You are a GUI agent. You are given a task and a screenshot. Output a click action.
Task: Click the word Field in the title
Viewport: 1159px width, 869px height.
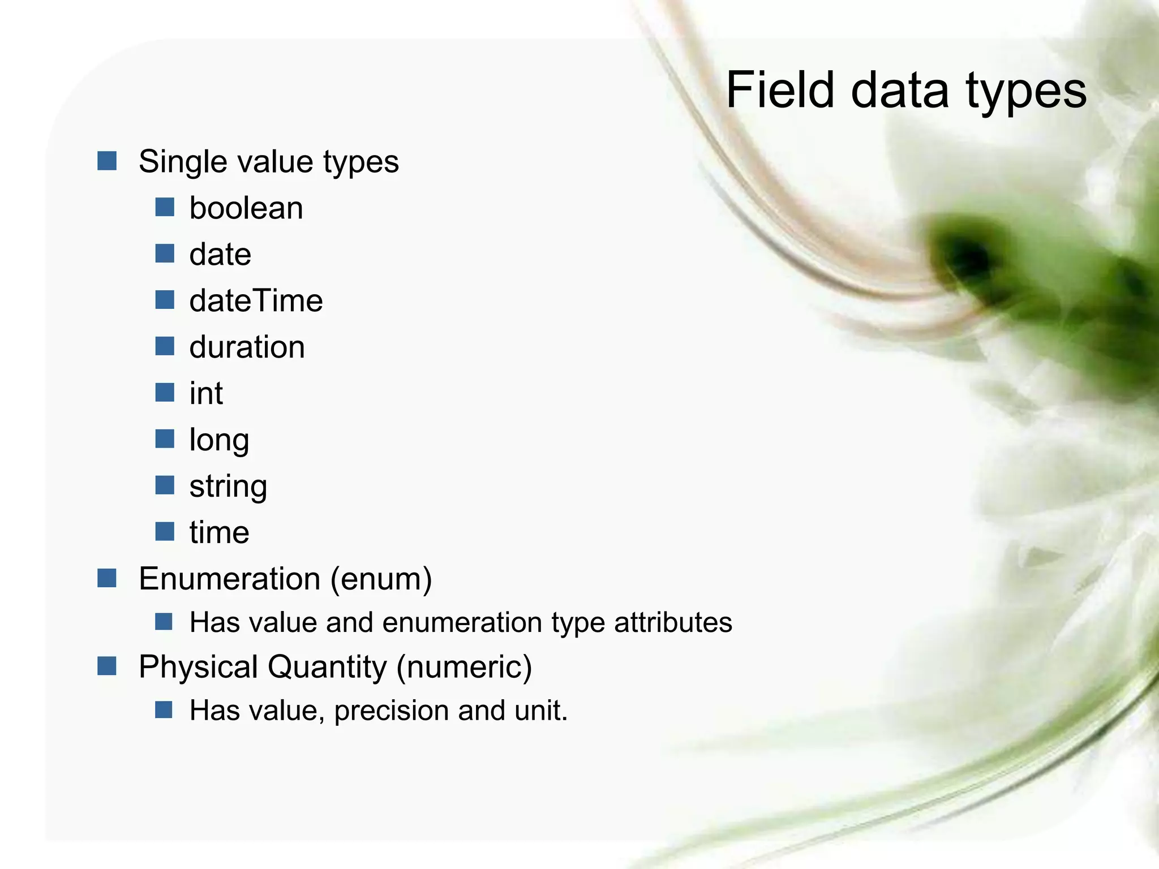pos(780,90)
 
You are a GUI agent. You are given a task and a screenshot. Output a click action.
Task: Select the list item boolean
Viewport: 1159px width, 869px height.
pos(246,208)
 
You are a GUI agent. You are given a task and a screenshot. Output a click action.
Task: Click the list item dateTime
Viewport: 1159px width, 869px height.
pos(256,300)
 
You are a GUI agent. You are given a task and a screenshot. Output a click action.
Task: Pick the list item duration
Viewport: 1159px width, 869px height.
pos(247,347)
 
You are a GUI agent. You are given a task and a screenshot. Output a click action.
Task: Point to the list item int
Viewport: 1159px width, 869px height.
pos(206,393)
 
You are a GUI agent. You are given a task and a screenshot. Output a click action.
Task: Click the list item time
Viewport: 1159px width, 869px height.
pos(219,532)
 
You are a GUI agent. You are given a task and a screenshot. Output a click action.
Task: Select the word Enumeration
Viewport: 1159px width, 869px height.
pos(229,579)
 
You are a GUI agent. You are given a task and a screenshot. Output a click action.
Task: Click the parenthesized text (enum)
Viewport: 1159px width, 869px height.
pos(381,579)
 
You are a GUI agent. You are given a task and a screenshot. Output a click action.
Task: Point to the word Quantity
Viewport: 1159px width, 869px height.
pos(327,666)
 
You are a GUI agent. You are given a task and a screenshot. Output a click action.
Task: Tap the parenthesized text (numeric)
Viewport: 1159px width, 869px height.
pos(464,666)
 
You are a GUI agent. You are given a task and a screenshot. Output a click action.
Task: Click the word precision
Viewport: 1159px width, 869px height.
pos(391,711)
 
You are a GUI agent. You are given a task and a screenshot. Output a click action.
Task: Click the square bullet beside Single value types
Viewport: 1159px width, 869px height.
pos(106,161)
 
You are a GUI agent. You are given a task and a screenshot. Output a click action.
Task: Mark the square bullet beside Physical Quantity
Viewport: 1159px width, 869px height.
pos(106,666)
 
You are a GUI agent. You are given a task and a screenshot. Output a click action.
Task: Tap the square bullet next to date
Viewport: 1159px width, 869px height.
pos(165,253)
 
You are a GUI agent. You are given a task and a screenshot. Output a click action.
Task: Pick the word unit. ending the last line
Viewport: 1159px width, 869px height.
pos(540,710)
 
